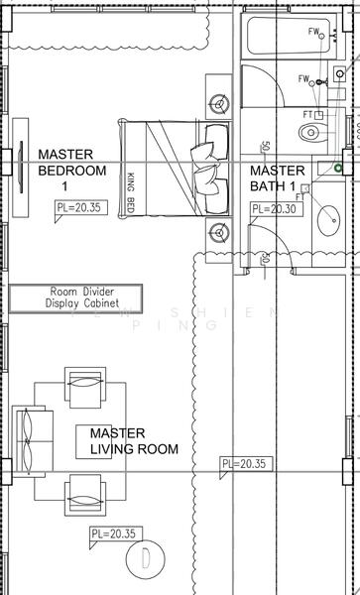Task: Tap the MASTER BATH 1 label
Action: click(x=278, y=178)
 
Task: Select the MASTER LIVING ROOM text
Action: click(x=134, y=441)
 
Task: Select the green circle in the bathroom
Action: click(x=338, y=169)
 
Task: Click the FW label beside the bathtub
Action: click(x=314, y=33)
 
